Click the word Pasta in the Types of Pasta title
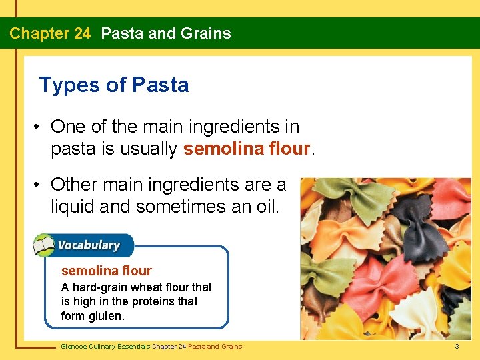160,85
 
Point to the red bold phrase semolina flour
247,149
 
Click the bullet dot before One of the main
41,127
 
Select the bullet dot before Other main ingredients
41,183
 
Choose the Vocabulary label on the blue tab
88,245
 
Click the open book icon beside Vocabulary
44,245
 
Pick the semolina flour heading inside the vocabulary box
107,271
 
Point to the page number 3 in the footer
457,346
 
